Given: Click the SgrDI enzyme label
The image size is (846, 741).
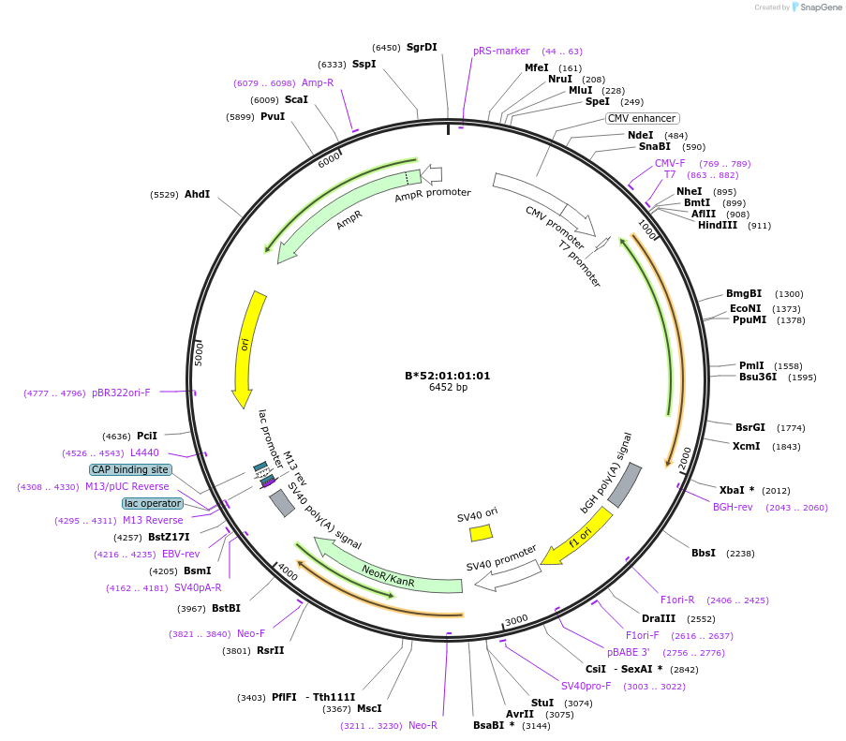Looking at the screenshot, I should (x=422, y=47).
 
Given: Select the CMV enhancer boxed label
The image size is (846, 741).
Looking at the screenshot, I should (x=642, y=118).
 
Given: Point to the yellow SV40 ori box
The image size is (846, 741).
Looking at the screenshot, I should (x=481, y=533).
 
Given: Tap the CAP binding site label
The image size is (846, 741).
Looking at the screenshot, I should (x=130, y=469).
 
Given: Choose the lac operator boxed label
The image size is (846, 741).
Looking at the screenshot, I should (x=153, y=503).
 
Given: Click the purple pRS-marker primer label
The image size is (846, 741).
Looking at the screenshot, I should (x=501, y=51).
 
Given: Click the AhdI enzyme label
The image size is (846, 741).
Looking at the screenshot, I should (x=197, y=194).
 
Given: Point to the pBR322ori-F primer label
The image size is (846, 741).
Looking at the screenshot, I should (x=134, y=393).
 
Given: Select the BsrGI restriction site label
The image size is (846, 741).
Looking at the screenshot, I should (x=750, y=427).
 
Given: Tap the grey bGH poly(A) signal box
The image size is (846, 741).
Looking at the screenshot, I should (x=625, y=485).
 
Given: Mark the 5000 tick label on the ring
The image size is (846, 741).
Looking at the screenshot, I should (x=199, y=354).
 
